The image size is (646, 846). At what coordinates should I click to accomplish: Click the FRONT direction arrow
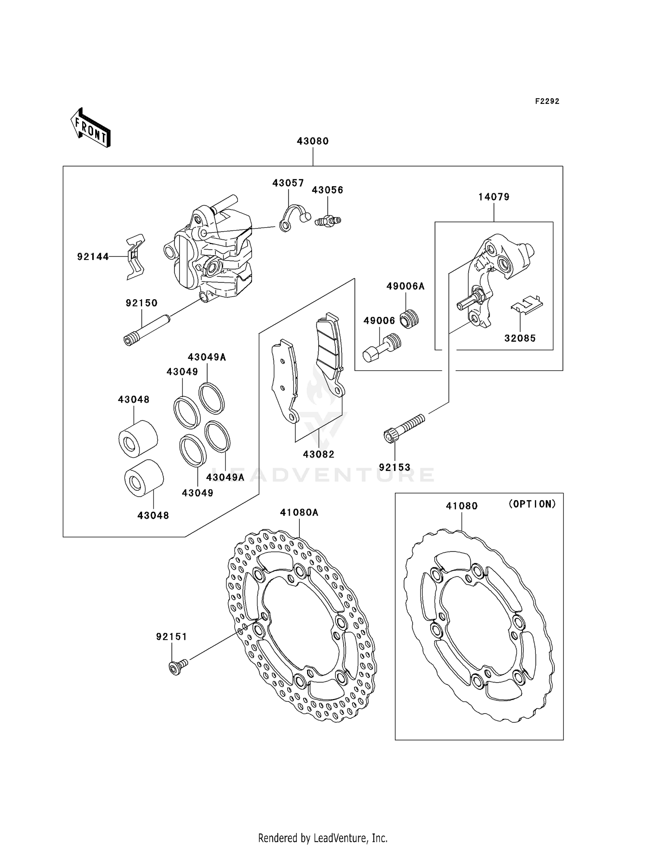[91, 128]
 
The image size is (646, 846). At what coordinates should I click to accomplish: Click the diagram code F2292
[547, 101]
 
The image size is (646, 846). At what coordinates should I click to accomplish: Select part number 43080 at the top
[313, 141]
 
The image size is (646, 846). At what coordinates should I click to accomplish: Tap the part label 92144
[93, 257]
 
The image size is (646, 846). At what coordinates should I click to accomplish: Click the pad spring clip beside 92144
[135, 257]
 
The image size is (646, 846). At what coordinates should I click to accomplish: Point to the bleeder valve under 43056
[328, 221]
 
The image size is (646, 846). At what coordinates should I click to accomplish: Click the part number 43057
[288, 183]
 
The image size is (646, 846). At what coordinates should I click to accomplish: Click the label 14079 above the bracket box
[494, 197]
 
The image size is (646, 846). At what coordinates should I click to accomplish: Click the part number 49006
[379, 321]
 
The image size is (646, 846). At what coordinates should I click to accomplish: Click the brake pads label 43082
[319, 454]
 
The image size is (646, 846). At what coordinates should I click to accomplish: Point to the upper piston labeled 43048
[138, 438]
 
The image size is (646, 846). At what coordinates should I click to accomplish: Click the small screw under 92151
[177, 667]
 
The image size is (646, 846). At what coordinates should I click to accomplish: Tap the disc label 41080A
[299, 513]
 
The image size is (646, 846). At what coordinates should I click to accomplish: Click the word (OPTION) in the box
[532, 504]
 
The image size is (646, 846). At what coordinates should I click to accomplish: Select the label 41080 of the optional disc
[462, 506]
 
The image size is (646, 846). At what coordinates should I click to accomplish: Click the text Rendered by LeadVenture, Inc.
[323, 838]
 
